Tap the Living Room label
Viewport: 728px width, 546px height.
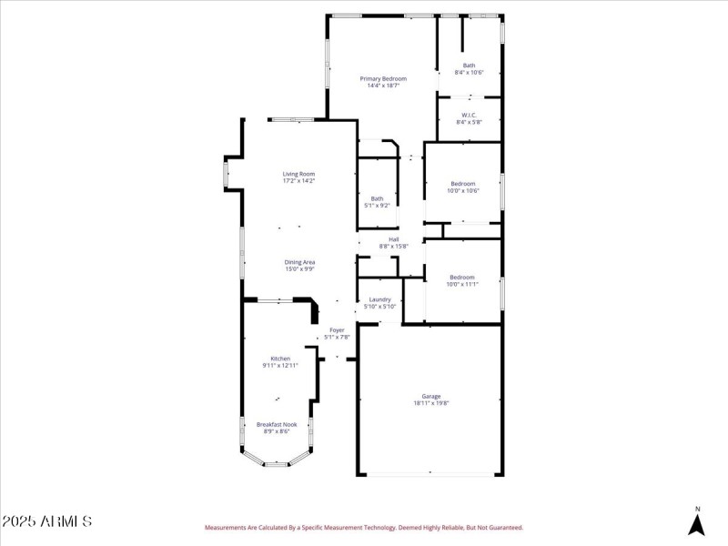coord(298,174)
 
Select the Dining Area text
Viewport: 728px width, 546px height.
coord(299,262)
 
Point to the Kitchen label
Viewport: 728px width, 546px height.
coord(280,359)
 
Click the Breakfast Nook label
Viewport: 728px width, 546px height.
coord(277,424)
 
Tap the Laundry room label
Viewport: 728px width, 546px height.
coord(379,299)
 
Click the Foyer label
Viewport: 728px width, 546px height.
coord(337,329)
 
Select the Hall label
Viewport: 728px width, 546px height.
coord(394,239)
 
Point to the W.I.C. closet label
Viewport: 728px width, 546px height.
coord(469,115)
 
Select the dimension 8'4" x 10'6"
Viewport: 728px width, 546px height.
coord(469,73)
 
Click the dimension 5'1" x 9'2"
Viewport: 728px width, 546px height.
coord(377,206)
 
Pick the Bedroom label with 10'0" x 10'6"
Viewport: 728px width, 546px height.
coord(462,184)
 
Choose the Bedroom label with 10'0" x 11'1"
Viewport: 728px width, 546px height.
coord(461,278)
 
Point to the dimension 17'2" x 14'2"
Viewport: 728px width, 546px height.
coord(298,181)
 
